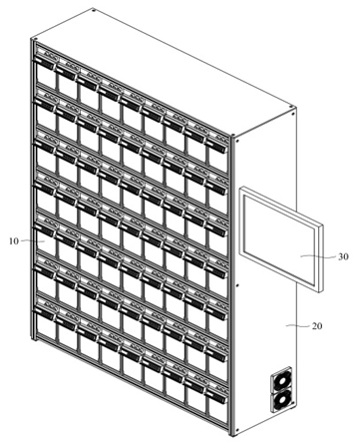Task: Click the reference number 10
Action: pyautogui.click(x=14, y=241)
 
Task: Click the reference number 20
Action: pyautogui.click(x=317, y=326)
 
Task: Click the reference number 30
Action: pyautogui.click(x=343, y=256)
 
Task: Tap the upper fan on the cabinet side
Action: pyautogui.click(x=282, y=380)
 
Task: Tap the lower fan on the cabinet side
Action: pyautogui.click(x=283, y=400)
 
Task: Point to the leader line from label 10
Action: pyautogui.click(x=33, y=240)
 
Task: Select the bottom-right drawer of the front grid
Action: pyautogui.click(x=217, y=407)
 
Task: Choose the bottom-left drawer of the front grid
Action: pyautogui.click(x=45, y=319)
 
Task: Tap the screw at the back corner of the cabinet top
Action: pyautogui.click(x=94, y=11)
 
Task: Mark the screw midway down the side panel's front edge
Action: pyautogui.click(x=237, y=285)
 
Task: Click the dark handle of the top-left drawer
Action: pyautogui.click(x=45, y=62)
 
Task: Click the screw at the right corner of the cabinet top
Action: pyautogui.click(x=291, y=108)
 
